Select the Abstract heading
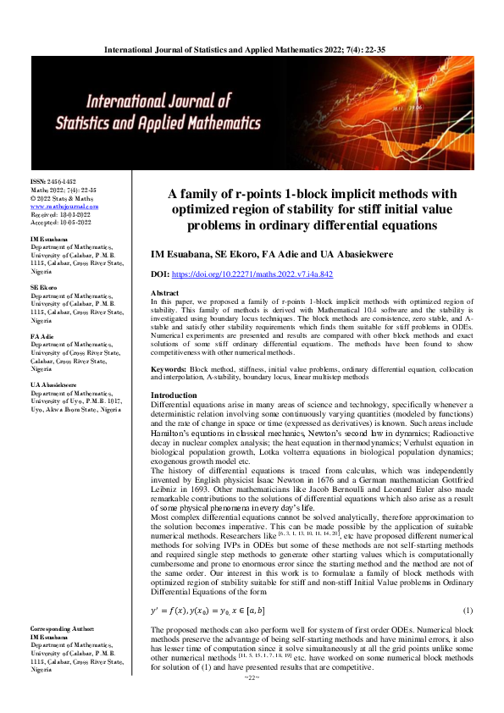(x=165, y=292)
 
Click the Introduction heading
(x=174, y=396)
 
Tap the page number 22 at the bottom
(x=251, y=701)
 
